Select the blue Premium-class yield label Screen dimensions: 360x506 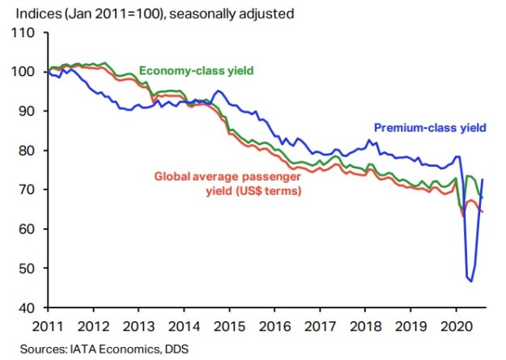(429, 126)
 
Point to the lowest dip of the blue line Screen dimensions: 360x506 (470, 281)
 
